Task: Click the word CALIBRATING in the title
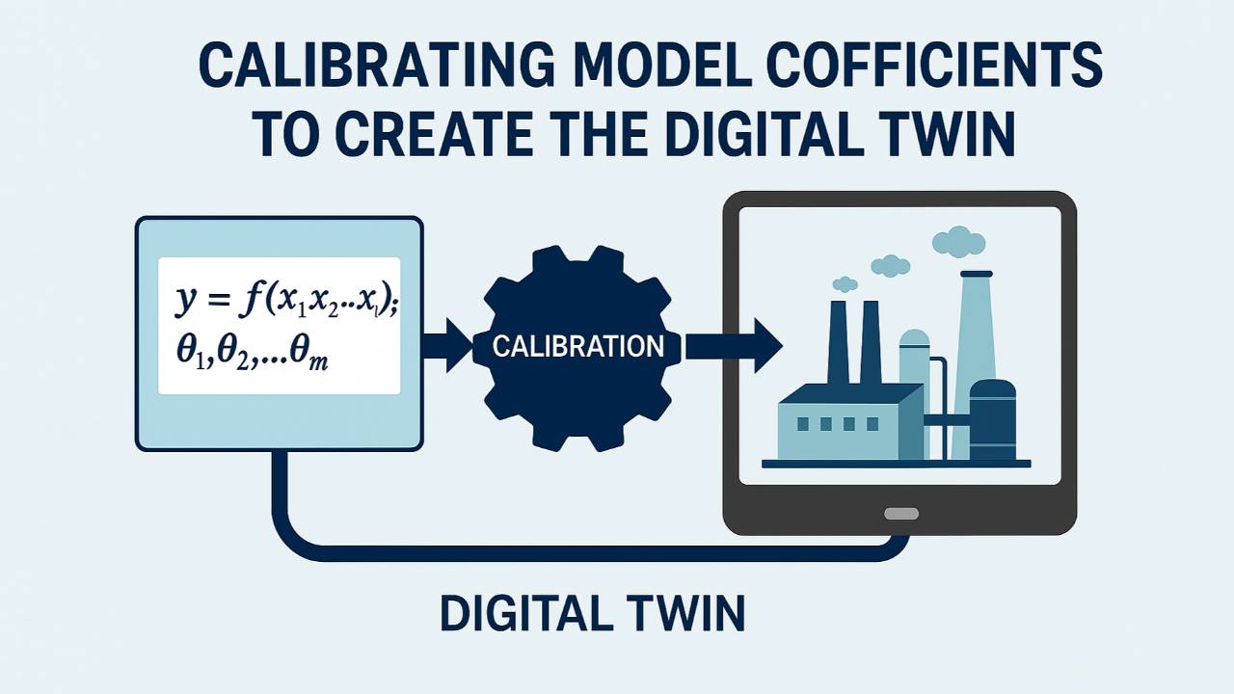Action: coord(376,66)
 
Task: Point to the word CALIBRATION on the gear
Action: coord(577,346)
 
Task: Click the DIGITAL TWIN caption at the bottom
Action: coord(592,614)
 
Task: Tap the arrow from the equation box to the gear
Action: coord(445,345)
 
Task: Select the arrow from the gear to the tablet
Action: coord(733,345)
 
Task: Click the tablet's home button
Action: coord(900,514)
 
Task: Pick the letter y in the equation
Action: coord(186,303)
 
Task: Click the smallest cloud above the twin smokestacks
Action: coord(845,283)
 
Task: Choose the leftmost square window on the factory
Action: coord(803,424)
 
